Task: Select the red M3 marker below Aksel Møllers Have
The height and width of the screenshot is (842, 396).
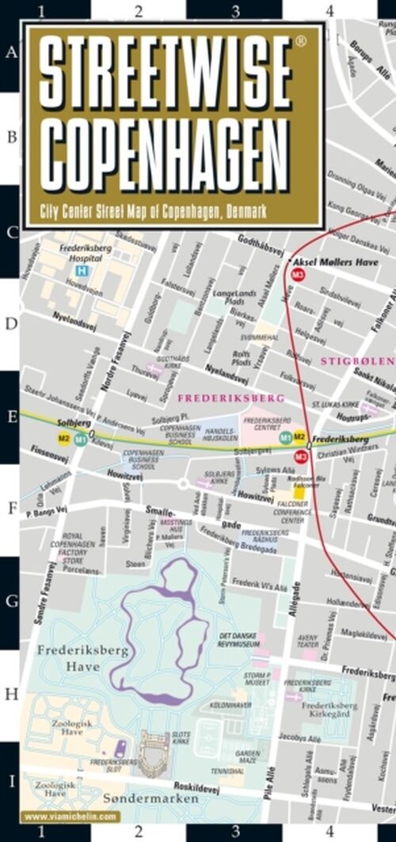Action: (299, 274)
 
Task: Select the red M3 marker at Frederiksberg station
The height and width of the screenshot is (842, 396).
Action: (300, 455)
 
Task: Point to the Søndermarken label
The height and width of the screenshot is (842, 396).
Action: (151, 798)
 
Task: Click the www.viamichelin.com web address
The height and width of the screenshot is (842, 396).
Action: (70, 817)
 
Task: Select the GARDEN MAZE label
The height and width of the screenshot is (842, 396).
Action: (248, 757)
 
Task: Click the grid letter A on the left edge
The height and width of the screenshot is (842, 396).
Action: (11, 53)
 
